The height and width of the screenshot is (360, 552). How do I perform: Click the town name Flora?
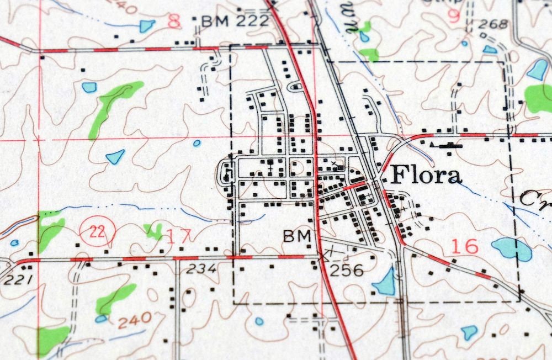[x=426, y=176]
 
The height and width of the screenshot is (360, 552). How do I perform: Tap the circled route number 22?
[x=98, y=232]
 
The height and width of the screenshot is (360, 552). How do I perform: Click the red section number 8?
[x=174, y=22]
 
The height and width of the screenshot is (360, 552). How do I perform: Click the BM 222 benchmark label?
[x=235, y=22]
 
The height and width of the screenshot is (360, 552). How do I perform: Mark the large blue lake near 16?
[x=512, y=249]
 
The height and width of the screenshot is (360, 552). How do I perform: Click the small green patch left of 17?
[x=153, y=230]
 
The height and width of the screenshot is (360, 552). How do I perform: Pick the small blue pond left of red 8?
[x=147, y=25]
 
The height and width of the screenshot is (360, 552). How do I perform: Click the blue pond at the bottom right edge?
[x=469, y=332]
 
